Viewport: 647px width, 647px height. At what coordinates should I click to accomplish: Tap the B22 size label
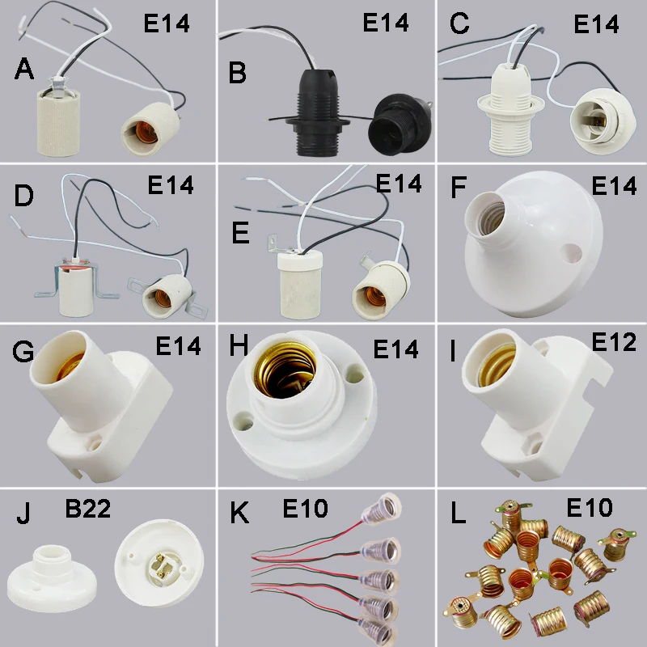pyautogui.click(x=88, y=510)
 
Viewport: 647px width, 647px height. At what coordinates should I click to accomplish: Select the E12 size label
pyautogui.click(x=614, y=342)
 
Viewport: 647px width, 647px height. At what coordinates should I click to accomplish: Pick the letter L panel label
pyautogui.click(x=459, y=514)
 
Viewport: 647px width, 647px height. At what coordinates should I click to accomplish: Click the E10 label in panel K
pyautogui.click(x=305, y=509)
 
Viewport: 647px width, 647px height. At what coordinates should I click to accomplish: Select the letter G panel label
pyautogui.click(x=23, y=353)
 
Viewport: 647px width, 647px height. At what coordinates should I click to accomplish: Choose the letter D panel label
pyautogui.click(x=23, y=197)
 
